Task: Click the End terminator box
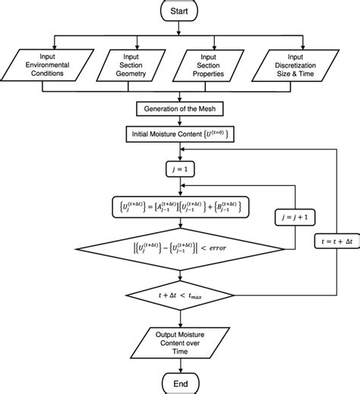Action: pyautogui.click(x=180, y=382)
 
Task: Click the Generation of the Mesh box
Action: pyautogui.click(x=180, y=109)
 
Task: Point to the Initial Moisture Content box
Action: pyautogui.click(x=180, y=134)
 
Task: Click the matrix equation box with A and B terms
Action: pyautogui.click(x=180, y=205)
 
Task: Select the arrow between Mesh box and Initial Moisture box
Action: pyautogui.click(x=180, y=121)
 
